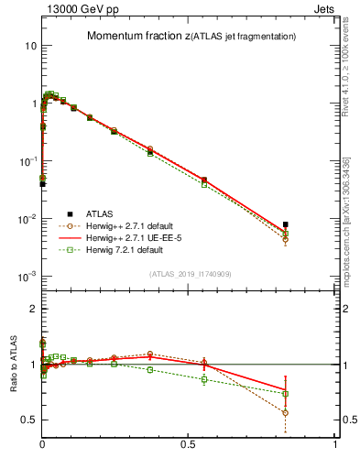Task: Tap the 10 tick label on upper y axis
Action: (x=31, y=46)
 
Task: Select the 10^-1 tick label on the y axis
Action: (x=29, y=161)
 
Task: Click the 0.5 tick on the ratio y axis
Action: (x=29, y=420)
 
